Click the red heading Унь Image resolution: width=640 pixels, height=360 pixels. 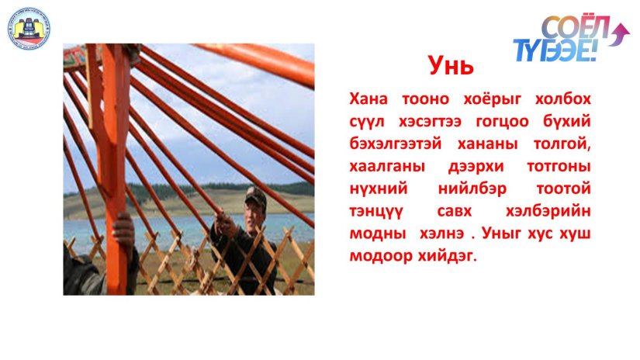451,65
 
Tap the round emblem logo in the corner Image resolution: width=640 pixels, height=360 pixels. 29,29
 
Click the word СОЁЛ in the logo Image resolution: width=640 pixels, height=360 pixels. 576,27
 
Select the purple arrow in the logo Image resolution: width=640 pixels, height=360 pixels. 620,34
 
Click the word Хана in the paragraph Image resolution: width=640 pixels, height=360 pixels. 368,99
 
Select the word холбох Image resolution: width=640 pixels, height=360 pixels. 563,99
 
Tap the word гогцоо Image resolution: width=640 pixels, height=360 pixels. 502,122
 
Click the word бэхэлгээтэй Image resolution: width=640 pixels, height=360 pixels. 396,144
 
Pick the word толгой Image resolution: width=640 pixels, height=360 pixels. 562,144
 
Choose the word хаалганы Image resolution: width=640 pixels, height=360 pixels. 387,166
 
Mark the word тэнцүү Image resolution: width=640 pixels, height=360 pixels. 376,212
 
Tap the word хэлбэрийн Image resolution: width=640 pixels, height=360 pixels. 548,211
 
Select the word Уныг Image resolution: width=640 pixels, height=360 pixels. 502,233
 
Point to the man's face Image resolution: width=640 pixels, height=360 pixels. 253,213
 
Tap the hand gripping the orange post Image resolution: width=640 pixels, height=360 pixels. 123,230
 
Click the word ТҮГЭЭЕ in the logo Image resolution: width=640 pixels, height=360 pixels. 555,50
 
